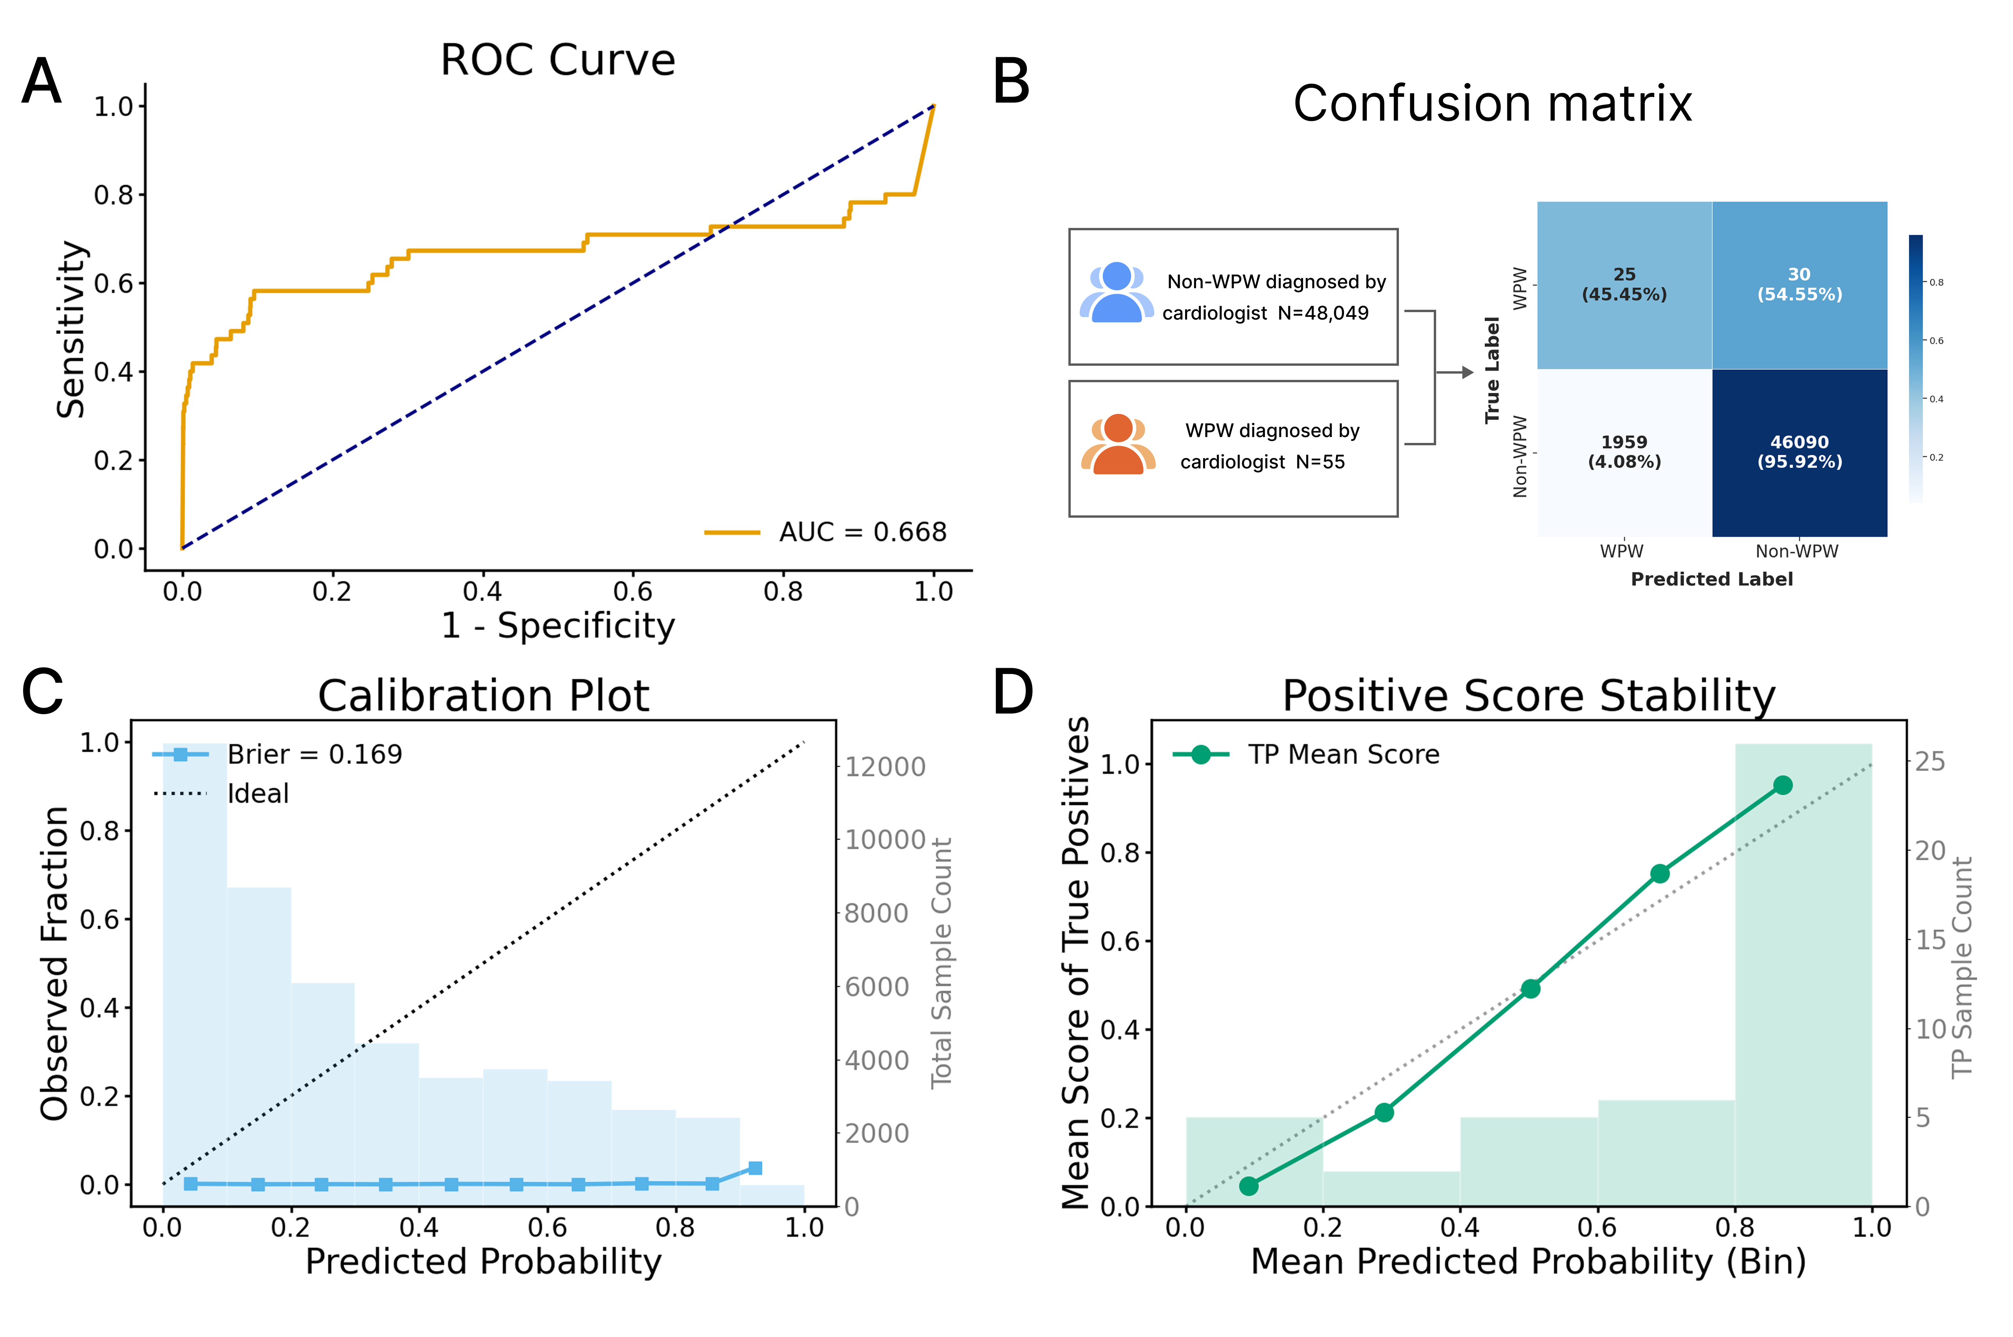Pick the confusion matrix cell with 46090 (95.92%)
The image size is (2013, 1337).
pos(1799,452)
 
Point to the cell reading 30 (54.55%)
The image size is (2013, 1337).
pos(1799,285)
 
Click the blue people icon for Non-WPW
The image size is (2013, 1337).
pos(1116,293)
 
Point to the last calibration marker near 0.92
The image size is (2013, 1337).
pos(755,1168)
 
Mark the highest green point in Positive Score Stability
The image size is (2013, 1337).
pos(1782,785)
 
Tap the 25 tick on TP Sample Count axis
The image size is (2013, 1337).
pos(1930,761)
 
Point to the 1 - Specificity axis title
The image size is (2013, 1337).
pos(558,626)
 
